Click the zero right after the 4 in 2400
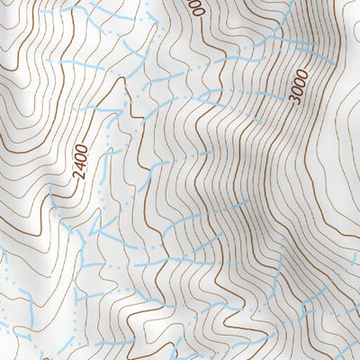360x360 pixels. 82,159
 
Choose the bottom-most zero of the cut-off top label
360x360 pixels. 197,11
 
